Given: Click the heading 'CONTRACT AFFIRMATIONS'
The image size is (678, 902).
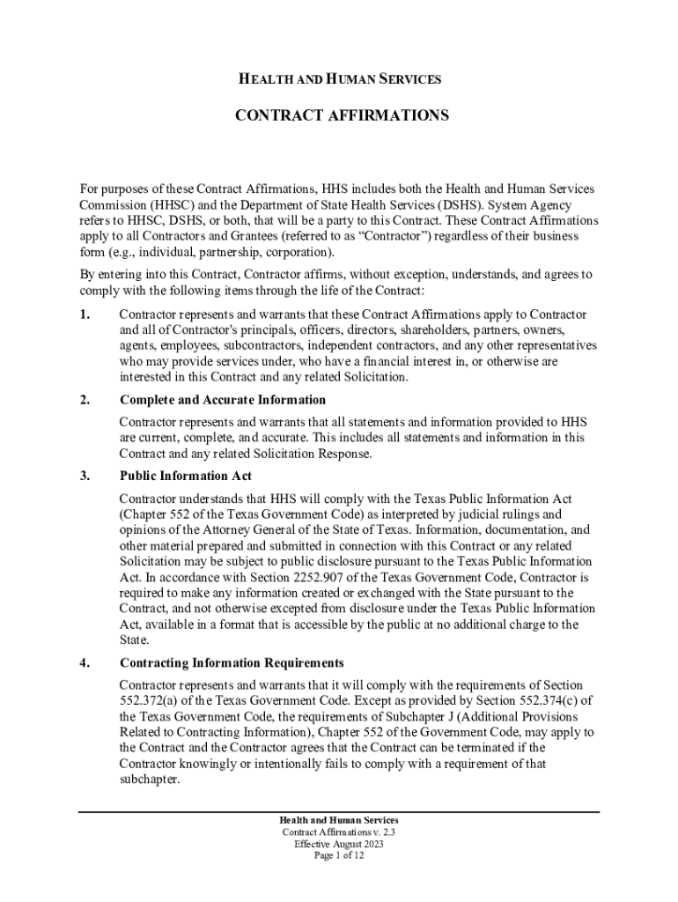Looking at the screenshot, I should click(341, 115).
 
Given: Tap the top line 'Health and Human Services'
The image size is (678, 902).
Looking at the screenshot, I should click(340, 80).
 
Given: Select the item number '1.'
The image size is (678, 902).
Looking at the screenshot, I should click(85, 314).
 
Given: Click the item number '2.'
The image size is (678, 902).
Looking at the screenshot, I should click(85, 400).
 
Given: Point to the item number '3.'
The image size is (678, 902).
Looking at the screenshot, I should click(85, 476).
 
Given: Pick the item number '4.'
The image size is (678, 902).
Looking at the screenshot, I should click(85, 662).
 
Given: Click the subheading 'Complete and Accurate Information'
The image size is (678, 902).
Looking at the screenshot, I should click(210, 400).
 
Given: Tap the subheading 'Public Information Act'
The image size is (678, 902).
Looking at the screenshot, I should click(186, 476).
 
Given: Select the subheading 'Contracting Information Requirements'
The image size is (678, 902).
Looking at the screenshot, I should click(232, 662).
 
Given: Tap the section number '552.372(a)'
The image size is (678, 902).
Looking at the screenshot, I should click(151, 701).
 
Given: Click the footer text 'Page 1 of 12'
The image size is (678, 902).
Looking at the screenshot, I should click(339, 855).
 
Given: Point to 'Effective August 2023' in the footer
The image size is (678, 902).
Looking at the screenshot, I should click(339, 844).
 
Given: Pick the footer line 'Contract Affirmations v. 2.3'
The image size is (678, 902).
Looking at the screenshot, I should click(339, 832).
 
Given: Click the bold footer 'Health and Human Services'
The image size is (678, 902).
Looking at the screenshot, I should click(339, 821).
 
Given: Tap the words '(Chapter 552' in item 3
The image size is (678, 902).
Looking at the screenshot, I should click(156, 514).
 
